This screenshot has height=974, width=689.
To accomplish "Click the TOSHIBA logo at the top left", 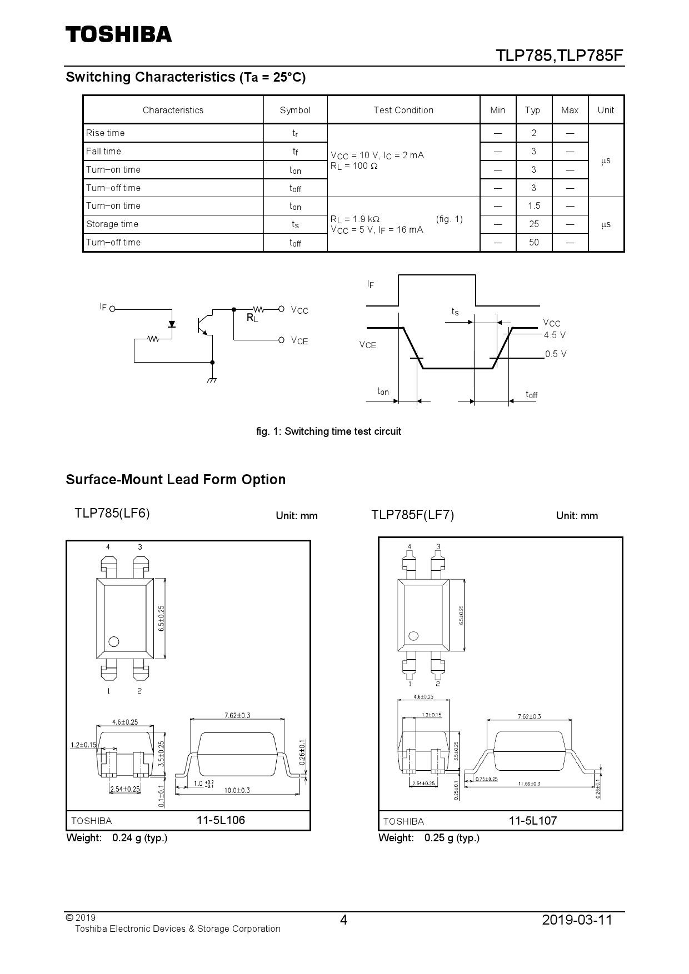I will [119, 34].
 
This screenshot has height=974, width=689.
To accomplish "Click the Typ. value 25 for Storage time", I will [533, 224].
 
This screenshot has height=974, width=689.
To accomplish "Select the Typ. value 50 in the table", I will [533, 242].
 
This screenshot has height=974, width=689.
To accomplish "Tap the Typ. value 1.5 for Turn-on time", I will [533, 205].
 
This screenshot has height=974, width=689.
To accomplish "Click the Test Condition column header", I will [403, 110].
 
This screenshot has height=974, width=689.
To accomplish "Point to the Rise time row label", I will [106, 133].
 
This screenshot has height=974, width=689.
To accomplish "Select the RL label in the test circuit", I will [252, 318].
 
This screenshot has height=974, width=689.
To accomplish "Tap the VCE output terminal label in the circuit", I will [299, 340].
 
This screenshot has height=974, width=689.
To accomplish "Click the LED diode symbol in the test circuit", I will [172, 324].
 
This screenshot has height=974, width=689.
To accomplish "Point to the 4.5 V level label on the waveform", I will [555, 335].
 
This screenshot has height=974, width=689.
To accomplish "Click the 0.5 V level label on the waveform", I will [556, 354].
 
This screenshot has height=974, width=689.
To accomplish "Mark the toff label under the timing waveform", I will [531, 395].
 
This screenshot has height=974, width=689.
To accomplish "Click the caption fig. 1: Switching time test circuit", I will [328, 431].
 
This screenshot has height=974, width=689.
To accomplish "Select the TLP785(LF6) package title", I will [112, 513].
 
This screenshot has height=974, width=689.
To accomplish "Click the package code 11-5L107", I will [532, 821].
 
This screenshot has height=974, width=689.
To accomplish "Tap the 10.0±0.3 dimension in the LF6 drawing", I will [237, 790].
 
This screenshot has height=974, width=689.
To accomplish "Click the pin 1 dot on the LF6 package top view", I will [114, 641].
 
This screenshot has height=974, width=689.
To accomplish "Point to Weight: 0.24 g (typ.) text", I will [117, 837].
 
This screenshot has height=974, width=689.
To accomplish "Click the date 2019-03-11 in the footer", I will [577, 920].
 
